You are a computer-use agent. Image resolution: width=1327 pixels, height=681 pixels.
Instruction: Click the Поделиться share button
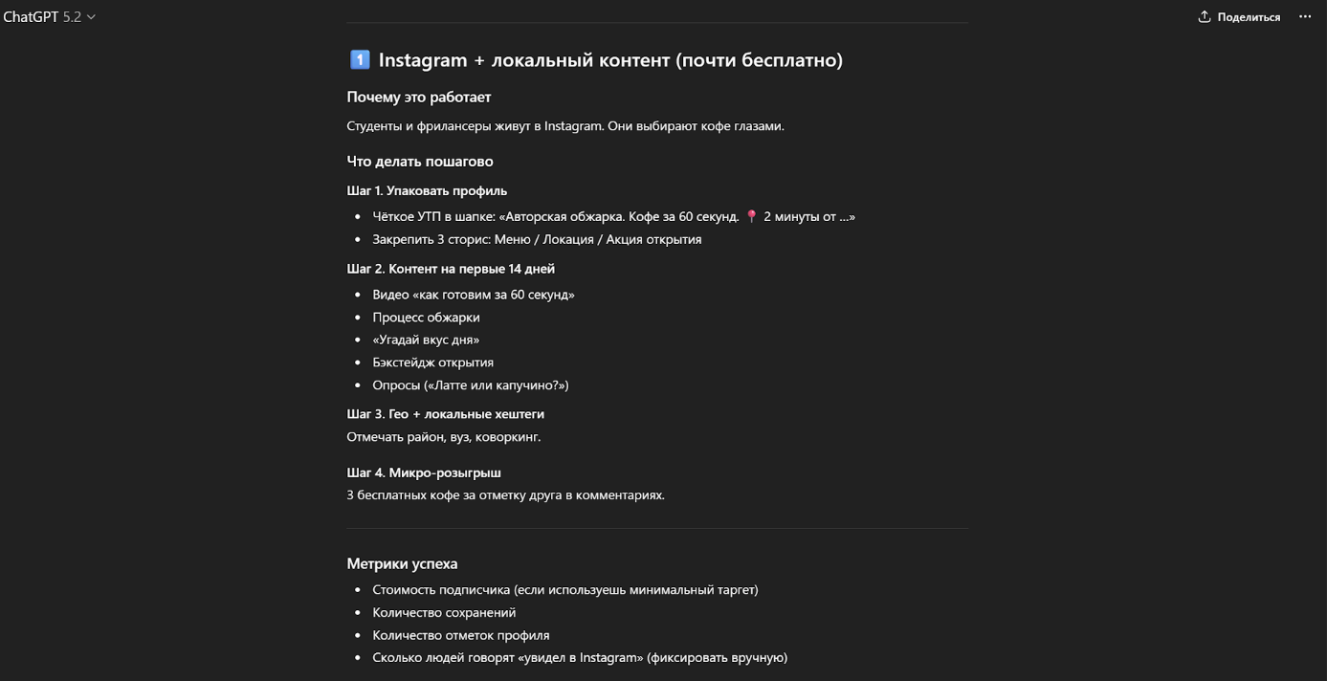pyautogui.click(x=1239, y=17)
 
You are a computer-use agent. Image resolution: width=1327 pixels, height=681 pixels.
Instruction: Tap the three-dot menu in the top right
pyautogui.click(x=1305, y=17)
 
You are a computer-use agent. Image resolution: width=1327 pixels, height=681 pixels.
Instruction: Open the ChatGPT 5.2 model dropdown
pyautogui.click(x=50, y=17)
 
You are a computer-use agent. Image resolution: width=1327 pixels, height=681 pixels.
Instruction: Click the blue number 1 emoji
pyautogui.click(x=359, y=60)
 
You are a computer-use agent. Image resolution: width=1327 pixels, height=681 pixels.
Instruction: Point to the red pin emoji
pyautogui.click(x=751, y=217)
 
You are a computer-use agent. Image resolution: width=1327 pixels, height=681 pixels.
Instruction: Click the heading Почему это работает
pyautogui.click(x=418, y=97)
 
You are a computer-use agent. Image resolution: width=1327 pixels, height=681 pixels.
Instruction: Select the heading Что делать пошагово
pyautogui.click(x=419, y=161)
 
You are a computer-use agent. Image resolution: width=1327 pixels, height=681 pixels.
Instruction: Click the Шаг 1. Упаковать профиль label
pyautogui.click(x=427, y=190)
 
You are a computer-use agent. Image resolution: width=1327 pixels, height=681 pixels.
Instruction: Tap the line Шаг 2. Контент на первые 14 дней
pyautogui.click(x=450, y=269)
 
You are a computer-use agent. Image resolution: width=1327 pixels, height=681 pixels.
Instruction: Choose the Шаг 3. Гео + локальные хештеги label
pyautogui.click(x=445, y=414)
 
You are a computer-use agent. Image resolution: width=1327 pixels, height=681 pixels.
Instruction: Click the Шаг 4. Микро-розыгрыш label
pyautogui.click(x=423, y=472)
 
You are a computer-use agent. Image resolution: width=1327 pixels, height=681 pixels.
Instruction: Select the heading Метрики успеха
pyautogui.click(x=402, y=563)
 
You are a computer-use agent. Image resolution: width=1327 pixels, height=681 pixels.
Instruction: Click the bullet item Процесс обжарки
pyautogui.click(x=426, y=318)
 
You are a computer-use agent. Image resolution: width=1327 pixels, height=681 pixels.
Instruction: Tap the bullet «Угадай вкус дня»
pyautogui.click(x=426, y=340)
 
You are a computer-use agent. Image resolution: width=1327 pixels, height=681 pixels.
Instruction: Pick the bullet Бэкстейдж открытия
pyautogui.click(x=432, y=362)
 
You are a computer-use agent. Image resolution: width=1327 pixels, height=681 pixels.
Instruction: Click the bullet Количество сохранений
pyautogui.click(x=444, y=612)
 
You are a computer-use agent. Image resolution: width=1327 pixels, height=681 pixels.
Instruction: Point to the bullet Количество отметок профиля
pyautogui.click(x=460, y=635)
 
